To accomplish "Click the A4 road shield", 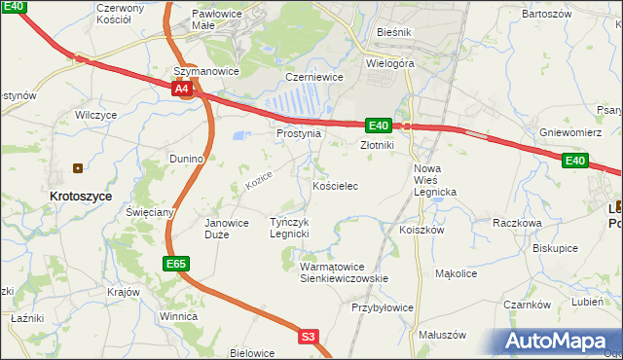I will click(x=182, y=89).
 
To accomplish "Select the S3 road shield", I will click(x=309, y=337).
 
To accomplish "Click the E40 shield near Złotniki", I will click(x=379, y=126).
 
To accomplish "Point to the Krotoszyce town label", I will click(x=81, y=196).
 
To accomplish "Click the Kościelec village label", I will click(x=336, y=185).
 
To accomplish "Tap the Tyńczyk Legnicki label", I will click(x=289, y=228).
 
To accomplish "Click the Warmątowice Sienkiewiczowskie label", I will click(x=344, y=271).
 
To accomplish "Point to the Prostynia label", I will click(x=298, y=133).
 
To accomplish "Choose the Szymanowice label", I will click(x=205, y=71).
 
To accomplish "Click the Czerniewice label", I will click(x=311, y=76).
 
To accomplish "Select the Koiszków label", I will click(x=421, y=231).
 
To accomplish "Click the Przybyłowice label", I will click(x=382, y=307).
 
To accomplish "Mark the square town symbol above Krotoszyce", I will click(x=79, y=167).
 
